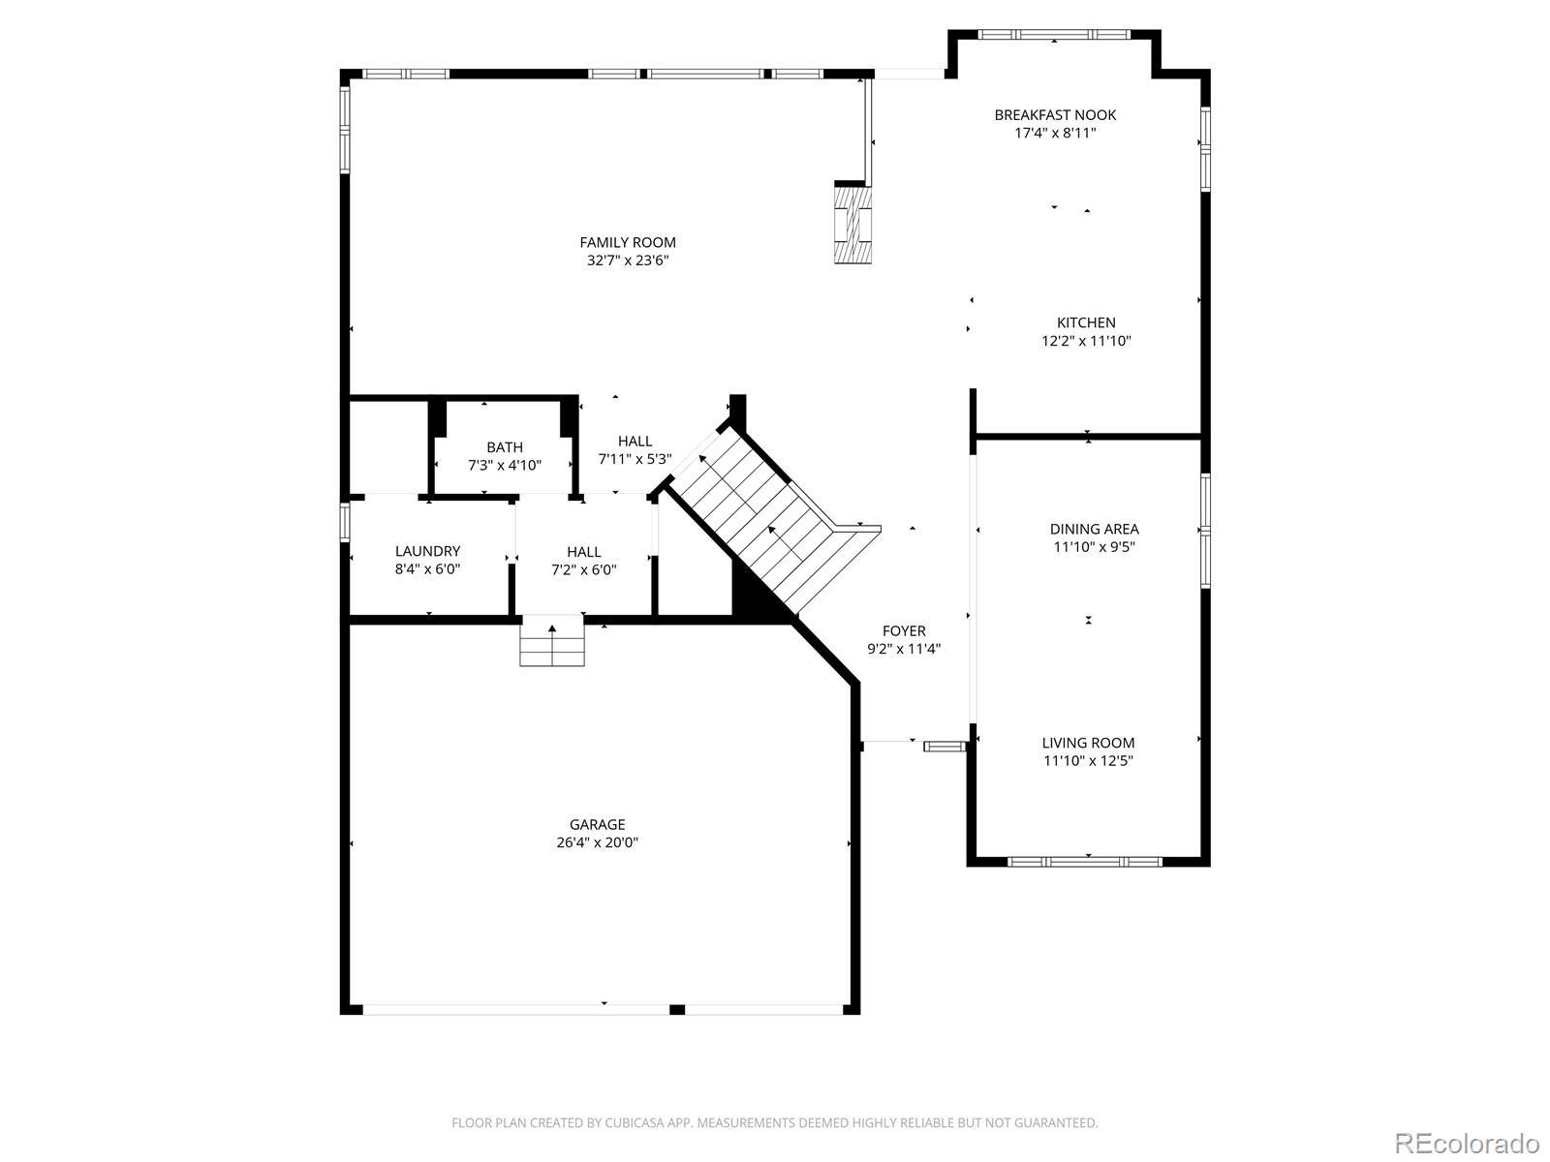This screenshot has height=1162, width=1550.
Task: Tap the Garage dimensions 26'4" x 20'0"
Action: coord(598,842)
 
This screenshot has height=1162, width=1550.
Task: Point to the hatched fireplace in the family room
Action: coord(853,223)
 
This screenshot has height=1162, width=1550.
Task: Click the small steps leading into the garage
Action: coord(552,641)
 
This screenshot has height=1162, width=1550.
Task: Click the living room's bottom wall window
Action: coord(1084,862)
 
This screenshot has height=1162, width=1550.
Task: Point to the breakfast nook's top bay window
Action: coord(1055,34)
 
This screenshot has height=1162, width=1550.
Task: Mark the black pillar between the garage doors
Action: coord(676,1010)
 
